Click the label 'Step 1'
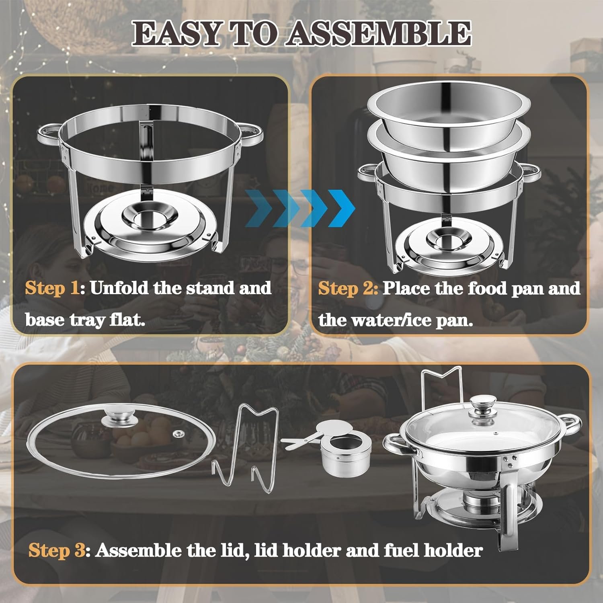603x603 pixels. click(x=52, y=288)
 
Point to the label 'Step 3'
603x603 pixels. click(x=57, y=550)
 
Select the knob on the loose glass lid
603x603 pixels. click(x=119, y=418)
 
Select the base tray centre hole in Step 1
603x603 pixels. click(x=148, y=219)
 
